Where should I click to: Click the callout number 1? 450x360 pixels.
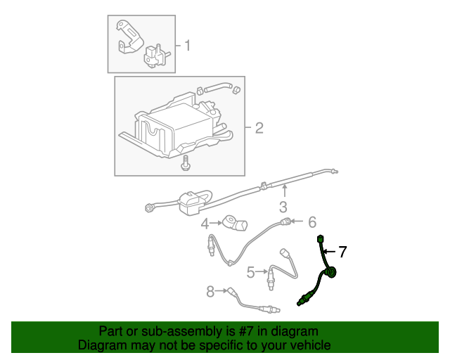[x=188, y=46]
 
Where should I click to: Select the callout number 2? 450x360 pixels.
[x=259, y=128]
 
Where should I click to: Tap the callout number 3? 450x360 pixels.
[x=283, y=207]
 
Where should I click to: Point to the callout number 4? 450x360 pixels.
[x=205, y=224]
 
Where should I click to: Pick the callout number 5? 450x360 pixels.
[x=250, y=272]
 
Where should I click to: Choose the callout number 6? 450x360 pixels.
[x=312, y=222]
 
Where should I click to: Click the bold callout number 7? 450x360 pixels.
[x=342, y=252]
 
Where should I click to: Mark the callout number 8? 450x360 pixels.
[x=210, y=292]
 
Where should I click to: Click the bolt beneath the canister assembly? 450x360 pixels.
[x=185, y=163]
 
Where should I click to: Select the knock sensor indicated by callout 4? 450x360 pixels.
[x=235, y=224]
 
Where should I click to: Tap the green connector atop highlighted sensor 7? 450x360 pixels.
[x=320, y=239]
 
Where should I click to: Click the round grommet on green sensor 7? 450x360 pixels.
[x=331, y=272]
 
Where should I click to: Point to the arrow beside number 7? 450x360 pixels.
[x=329, y=252]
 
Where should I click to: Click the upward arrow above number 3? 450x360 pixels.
[x=285, y=191]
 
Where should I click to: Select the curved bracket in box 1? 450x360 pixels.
[x=129, y=37]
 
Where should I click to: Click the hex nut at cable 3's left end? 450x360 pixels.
[x=149, y=207]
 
